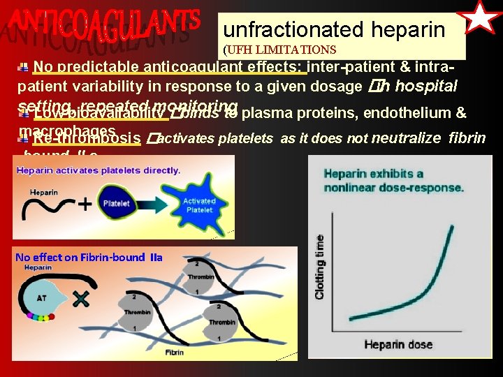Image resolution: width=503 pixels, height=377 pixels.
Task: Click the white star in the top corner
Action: [x=482, y=18]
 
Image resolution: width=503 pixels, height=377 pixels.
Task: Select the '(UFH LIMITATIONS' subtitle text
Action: [x=279, y=50]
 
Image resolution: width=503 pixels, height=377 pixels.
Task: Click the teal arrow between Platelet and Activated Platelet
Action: [x=149, y=202]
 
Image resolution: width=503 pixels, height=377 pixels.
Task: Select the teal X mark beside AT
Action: [x=80, y=299]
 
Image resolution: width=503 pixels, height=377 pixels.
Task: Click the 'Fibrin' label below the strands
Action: [x=174, y=353]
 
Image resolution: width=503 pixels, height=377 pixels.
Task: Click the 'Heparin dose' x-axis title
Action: [x=398, y=344]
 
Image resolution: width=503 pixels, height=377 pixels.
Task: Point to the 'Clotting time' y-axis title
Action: [x=321, y=267]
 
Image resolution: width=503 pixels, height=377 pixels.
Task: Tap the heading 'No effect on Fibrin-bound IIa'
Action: [x=89, y=257]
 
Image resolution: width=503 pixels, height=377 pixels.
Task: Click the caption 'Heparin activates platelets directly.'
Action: [x=98, y=170]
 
